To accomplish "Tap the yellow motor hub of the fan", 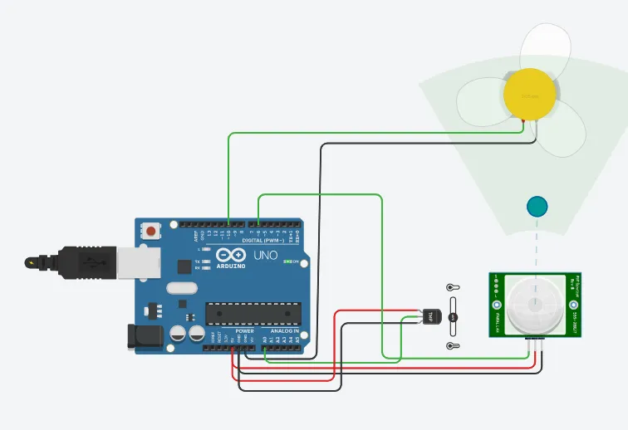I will (528, 96).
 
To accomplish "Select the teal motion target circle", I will (537, 207).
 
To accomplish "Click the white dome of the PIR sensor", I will (536, 304).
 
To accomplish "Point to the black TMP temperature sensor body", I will (431, 316).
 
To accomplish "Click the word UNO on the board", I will (265, 255).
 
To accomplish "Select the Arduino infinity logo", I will (232, 254).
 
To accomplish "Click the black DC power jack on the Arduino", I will (142, 336).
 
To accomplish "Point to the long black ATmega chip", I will (253, 312).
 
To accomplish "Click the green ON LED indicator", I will (287, 262).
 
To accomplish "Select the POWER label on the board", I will (245, 330).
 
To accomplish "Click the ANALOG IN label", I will (284, 330).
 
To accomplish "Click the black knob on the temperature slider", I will (454, 317).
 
